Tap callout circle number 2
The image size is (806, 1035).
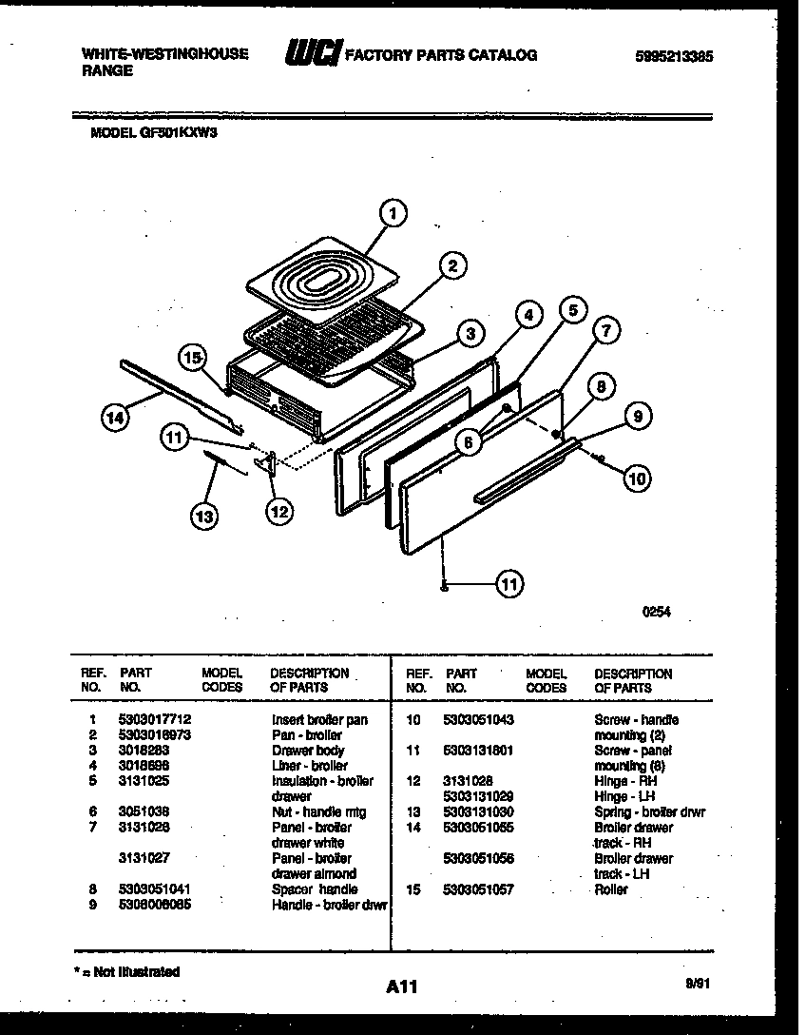click(452, 265)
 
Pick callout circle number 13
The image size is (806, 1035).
click(202, 516)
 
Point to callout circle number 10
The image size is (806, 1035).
click(637, 478)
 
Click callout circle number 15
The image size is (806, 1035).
click(194, 358)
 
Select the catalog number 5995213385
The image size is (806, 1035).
click(674, 56)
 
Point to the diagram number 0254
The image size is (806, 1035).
click(656, 613)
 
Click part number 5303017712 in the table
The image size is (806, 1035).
click(153, 720)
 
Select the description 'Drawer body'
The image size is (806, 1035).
click(308, 751)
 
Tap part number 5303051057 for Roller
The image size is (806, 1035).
click(478, 889)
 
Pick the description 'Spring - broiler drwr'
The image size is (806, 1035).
click(649, 812)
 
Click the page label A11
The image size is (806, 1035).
click(402, 986)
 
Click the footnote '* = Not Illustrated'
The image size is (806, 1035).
click(126, 972)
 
